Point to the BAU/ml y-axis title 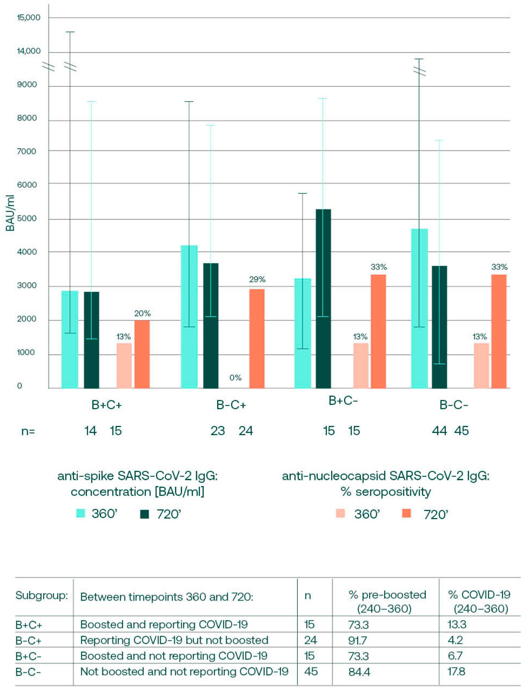click(x=10, y=213)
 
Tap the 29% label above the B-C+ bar click(x=257, y=279)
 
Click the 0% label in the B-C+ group click(x=235, y=378)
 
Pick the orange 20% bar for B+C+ click(x=142, y=354)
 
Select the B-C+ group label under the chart click(x=231, y=405)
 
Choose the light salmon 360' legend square click(x=340, y=514)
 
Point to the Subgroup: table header click(x=42, y=595)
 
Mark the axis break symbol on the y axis click(x=48, y=67)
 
